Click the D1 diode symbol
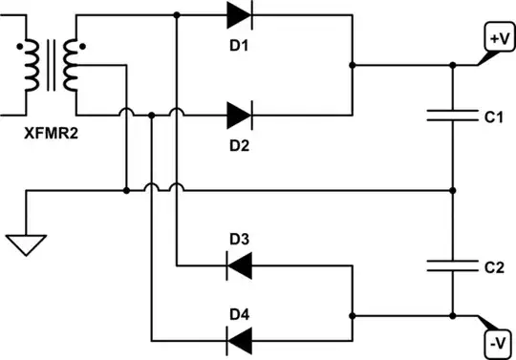(239, 15)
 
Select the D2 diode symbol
(239, 116)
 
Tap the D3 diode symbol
(239, 265)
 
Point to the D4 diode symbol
(239, 338)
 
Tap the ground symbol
(29, 245)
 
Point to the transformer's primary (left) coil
(31, 66)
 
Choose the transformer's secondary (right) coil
(69, 66)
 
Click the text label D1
(240, 44)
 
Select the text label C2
(493, 267)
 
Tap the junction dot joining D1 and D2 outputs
(354, 66)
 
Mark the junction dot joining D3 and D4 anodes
(354, 314)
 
